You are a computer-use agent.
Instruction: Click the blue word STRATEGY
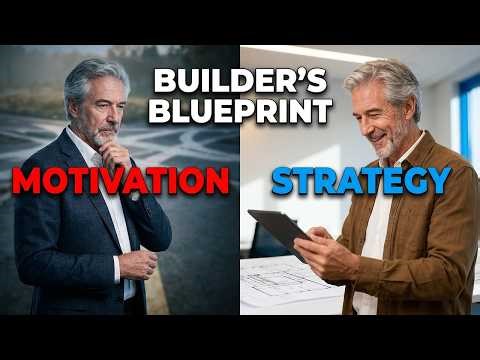(360, 183)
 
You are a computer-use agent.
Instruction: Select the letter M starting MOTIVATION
(31, 183)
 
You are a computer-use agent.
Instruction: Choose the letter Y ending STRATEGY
(436, 183)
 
